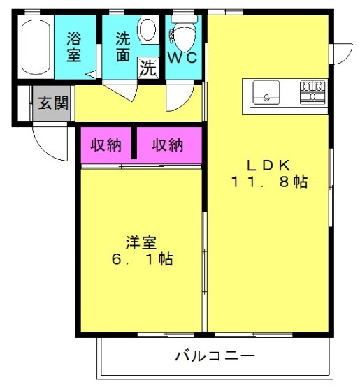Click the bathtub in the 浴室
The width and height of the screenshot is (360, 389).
coord(36,47)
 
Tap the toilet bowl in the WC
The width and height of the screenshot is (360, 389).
coord(185,37)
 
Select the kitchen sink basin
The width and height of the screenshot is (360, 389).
coord(266,92)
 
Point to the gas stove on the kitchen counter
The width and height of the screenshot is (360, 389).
coord(312,92)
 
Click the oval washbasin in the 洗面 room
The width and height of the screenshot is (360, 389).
coord(147,29)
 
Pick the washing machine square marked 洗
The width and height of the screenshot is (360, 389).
coord(148,67)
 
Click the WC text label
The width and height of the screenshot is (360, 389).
coord(182,58)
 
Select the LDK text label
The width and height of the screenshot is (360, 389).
coord(268,166)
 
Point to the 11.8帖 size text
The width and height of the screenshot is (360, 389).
coord(270,182)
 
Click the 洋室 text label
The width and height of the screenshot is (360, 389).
coord(141,242)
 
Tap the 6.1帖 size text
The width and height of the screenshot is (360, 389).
coord(142,259)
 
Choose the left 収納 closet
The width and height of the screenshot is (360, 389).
coord(106,145)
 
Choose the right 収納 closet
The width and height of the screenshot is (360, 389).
coord(169,145)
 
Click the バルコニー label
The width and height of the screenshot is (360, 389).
coord(215,356)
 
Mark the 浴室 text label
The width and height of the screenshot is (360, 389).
coord(73,47)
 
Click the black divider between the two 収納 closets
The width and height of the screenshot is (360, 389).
coord(134,143)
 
